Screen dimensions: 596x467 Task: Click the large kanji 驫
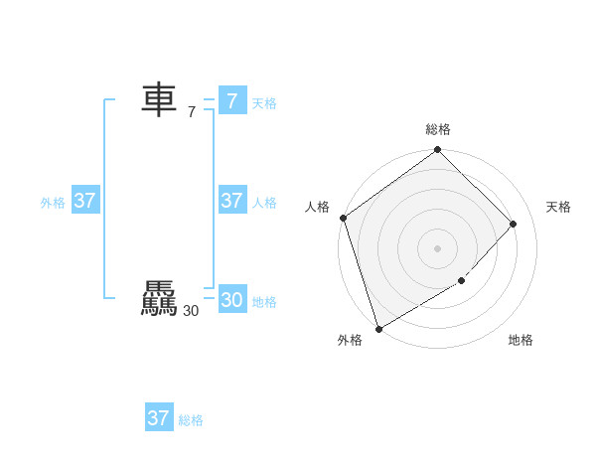(x=159, y=299)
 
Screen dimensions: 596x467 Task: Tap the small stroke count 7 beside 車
(x=191, y=112)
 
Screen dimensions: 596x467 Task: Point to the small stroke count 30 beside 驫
(x=191, y=311)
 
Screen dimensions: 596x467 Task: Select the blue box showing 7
(x=231, y=100)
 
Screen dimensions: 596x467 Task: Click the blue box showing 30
(x=231, y=299)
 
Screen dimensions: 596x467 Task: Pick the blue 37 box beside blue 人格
(x=231, y=201)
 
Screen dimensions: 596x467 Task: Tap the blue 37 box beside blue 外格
(x=84, y=201)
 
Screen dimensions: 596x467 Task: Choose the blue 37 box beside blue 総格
(x=158, y=418)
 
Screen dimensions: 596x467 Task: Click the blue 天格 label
(x=264, y=103)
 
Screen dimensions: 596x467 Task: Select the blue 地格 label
(x=264, y=302)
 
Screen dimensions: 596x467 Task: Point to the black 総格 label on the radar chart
(x=438, y=129)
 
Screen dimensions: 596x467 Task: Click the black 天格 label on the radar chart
(x=558, y=207)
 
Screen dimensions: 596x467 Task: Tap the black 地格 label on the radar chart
(x=521, y=340)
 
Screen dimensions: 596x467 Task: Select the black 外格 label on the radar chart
(x=350, y=340)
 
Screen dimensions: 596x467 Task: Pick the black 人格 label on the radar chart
(x=317, y=207)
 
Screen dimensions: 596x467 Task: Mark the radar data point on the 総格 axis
(x=438, y=150)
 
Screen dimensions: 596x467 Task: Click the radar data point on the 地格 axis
(x=461, y=281)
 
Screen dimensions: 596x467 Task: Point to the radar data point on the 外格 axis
(x=378, y=328)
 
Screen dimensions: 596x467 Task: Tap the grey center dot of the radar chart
(x=438, y=247)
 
